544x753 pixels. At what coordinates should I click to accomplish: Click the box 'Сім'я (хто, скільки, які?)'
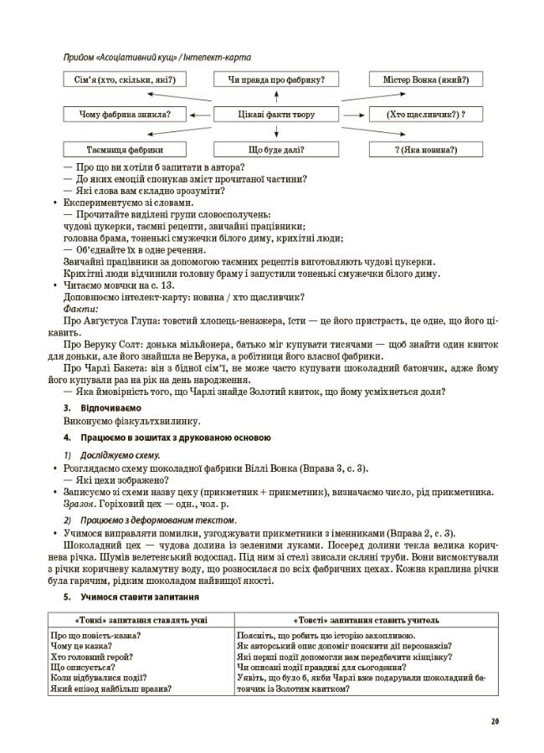click(x=119, y=79)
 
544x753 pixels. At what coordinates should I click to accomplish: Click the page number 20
click(x=495, y=720)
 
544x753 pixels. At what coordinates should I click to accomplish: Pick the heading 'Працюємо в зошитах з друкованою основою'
click(x=176, y=438)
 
